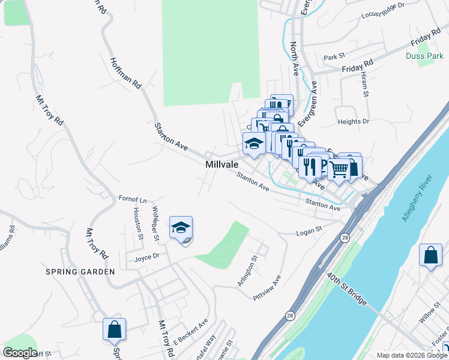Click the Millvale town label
(x=221, y=164)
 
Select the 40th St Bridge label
(x=347, y=289)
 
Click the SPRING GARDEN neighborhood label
(x=80, y=272)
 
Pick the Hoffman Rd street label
(x=125, y=74)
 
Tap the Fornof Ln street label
(x=133, y=199)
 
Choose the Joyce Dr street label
(x=146, y=258)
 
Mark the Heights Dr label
(x=353, y=122)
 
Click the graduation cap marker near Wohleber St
(x=181, y=228)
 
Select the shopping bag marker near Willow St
(x=430, y=256)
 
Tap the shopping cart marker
(x=339, y=170)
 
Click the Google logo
(x=20, y=353)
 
